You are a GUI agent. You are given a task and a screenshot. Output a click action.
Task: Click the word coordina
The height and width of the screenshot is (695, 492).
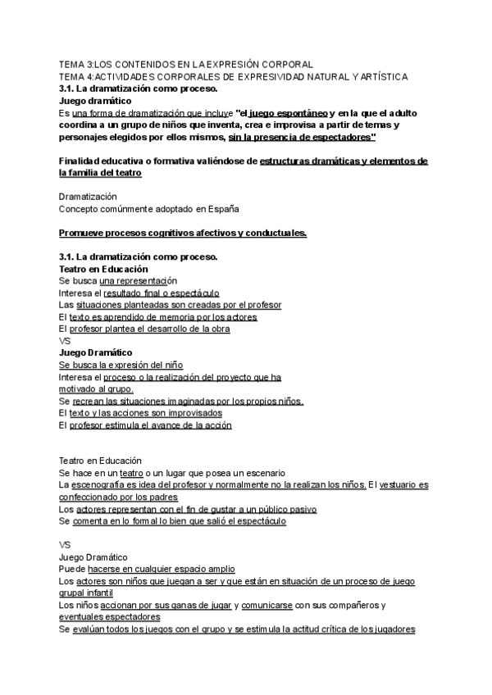[80, 125]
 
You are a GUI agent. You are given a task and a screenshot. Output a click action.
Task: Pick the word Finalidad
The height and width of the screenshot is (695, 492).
[82, 161]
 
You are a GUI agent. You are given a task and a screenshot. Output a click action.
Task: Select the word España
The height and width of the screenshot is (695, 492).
[222, 209]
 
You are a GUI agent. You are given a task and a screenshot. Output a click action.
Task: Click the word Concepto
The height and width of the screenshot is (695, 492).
[80, 209]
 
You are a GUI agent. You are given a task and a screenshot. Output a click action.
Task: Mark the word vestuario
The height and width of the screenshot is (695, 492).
[399, 485]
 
